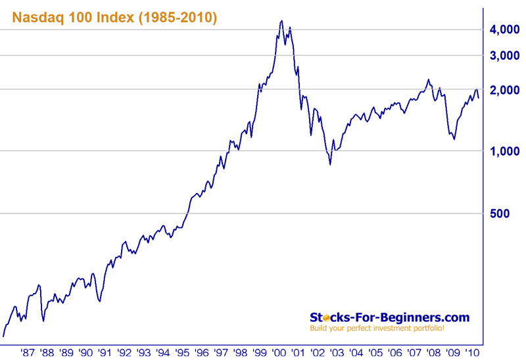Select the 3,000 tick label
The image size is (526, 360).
click(506, 56)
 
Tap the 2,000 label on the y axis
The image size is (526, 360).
click(506, 90)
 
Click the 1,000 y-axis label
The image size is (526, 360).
click(506, 152)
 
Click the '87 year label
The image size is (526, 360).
click(27, 352)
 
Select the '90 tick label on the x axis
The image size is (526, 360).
click(85, 352)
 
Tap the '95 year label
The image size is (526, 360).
click(181, 352)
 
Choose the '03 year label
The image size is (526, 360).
click(336, 352)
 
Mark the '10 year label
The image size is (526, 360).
click(471, 352)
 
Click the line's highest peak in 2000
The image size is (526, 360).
click(281, 20)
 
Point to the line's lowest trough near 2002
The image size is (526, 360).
click(329, 164)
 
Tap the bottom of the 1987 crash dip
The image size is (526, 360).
click(43, 321)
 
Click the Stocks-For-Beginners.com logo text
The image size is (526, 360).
click(389, 317)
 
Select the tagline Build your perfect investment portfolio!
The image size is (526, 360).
click(377, 328)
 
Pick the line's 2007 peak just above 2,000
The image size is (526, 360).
click(428, 79)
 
